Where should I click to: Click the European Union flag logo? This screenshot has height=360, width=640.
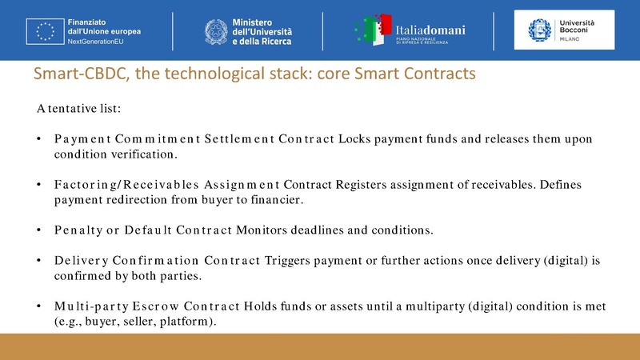[42, 30]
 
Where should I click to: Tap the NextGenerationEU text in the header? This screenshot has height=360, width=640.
[97, 41]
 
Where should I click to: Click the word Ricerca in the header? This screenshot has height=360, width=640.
[273, 41]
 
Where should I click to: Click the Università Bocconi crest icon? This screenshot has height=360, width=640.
[540, 30]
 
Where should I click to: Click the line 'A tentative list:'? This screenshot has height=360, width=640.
[78, 107]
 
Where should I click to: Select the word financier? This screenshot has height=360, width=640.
[270, 199]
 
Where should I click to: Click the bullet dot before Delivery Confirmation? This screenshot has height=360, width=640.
[38, 261]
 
